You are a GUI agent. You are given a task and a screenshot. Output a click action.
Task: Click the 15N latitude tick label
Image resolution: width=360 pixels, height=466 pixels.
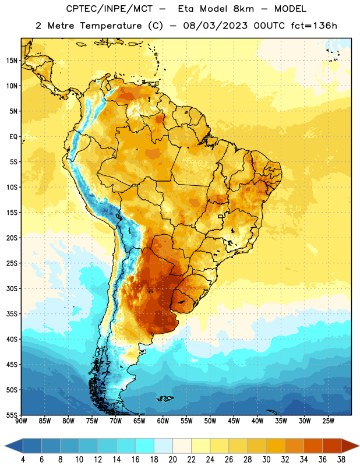tap(12, 61)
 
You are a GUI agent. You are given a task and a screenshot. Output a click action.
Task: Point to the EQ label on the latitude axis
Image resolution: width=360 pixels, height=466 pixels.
tap(13, 137)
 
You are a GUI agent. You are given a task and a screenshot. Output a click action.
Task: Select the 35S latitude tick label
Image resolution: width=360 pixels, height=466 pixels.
tap(12, 314)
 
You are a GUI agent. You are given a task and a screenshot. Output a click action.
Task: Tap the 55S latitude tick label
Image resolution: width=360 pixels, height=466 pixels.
tap(12, 415)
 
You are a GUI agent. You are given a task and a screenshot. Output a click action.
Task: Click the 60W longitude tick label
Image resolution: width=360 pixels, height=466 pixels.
tap(163, 421)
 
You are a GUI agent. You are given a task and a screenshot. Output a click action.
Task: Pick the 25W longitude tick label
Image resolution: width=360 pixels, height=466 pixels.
tap(328, 421)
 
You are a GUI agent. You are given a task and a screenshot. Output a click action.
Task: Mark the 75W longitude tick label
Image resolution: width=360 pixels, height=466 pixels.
tap(92, 421)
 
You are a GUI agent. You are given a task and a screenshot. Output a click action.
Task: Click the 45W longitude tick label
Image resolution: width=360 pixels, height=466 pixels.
tap(234, 421)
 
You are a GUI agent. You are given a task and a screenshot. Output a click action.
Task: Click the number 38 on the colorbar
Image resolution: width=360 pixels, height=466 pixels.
tap(341, 460)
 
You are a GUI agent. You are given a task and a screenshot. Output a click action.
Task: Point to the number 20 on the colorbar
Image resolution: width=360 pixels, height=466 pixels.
tap(172, 460)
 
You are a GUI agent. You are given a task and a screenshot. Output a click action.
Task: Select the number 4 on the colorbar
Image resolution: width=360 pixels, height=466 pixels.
tap(23, 460)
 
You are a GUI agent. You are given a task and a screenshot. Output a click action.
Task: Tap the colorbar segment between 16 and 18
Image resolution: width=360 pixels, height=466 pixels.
tap(145, 446)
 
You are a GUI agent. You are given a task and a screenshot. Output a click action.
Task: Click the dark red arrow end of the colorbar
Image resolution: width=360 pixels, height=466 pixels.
tap(350, 446)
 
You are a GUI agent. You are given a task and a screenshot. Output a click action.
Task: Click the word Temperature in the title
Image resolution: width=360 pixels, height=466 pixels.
tap(111, 26)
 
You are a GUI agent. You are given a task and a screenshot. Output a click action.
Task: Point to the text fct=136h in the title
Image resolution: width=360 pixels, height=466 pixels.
tap(314, 26)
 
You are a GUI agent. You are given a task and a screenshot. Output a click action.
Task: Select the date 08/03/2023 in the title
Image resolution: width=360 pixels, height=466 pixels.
tap(215, 26)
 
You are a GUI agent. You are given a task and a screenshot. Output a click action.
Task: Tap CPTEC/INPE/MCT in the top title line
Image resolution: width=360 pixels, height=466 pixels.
tap(110, 9)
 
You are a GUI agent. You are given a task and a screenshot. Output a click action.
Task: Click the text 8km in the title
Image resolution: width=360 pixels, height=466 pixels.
tap(243, 9)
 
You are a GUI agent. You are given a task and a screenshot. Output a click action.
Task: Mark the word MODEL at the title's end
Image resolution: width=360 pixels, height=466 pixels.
tap(290, 9)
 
